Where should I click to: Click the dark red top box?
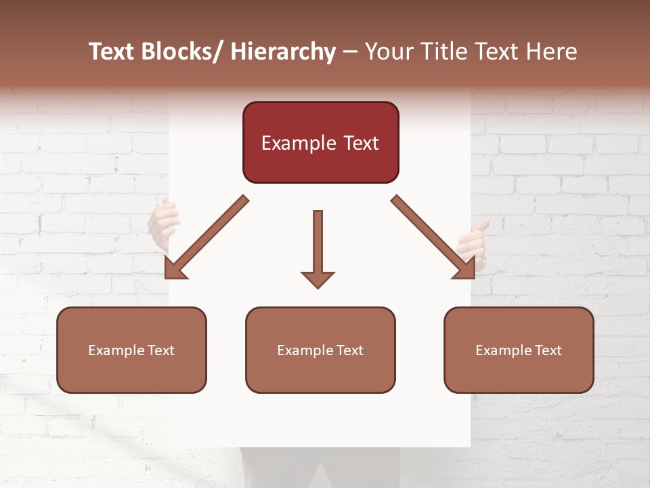(x=320, y=142)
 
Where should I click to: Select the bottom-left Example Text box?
(x=131, y=350)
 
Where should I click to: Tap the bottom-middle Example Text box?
(x=320, y=350)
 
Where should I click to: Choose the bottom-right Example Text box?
(x=519, y=350)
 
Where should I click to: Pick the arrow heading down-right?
(x=433, y=237)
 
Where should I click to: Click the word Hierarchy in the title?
(x=283, y=52)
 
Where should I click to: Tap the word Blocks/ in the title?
(x=182, y=52)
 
